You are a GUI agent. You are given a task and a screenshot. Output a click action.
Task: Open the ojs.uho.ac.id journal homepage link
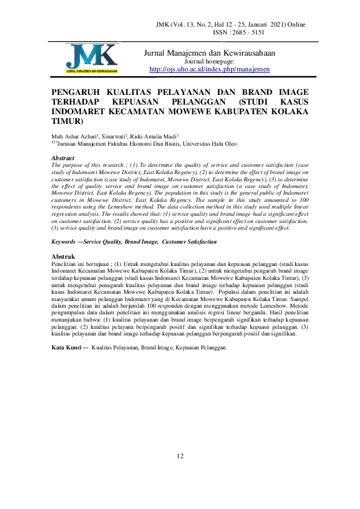(x=209, y=70)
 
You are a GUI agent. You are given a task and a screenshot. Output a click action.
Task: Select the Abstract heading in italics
(x=64, y=158)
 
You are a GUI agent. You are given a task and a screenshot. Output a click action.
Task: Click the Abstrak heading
(x=64, y=257)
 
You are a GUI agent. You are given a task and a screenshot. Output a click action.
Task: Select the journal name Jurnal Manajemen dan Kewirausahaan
(x=209, y=53)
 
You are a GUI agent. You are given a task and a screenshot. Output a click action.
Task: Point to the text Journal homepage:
(x=209, y=62)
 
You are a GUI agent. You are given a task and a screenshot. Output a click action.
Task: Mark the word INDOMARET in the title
(x=82, y=111)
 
